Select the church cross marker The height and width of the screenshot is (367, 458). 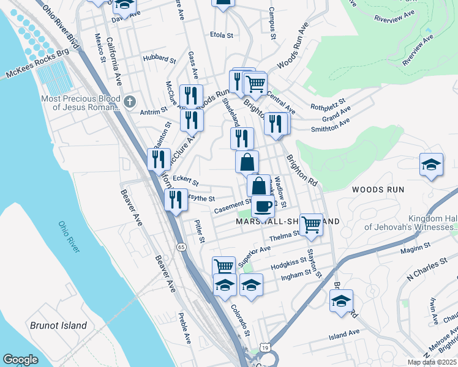(x=129, y=101)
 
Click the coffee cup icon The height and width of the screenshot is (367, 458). (x=263, y=206)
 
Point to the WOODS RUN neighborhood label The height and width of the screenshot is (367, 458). (x=378, y=190)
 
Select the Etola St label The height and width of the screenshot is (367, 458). (x=222, y=35)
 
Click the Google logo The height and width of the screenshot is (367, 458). (x=21, y=360)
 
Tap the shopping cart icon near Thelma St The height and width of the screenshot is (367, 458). (x=312, y=223)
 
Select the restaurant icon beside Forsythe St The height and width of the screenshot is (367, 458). (x=176, y=199)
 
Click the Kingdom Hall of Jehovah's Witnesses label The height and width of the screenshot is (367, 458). (x=411, y=223)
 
